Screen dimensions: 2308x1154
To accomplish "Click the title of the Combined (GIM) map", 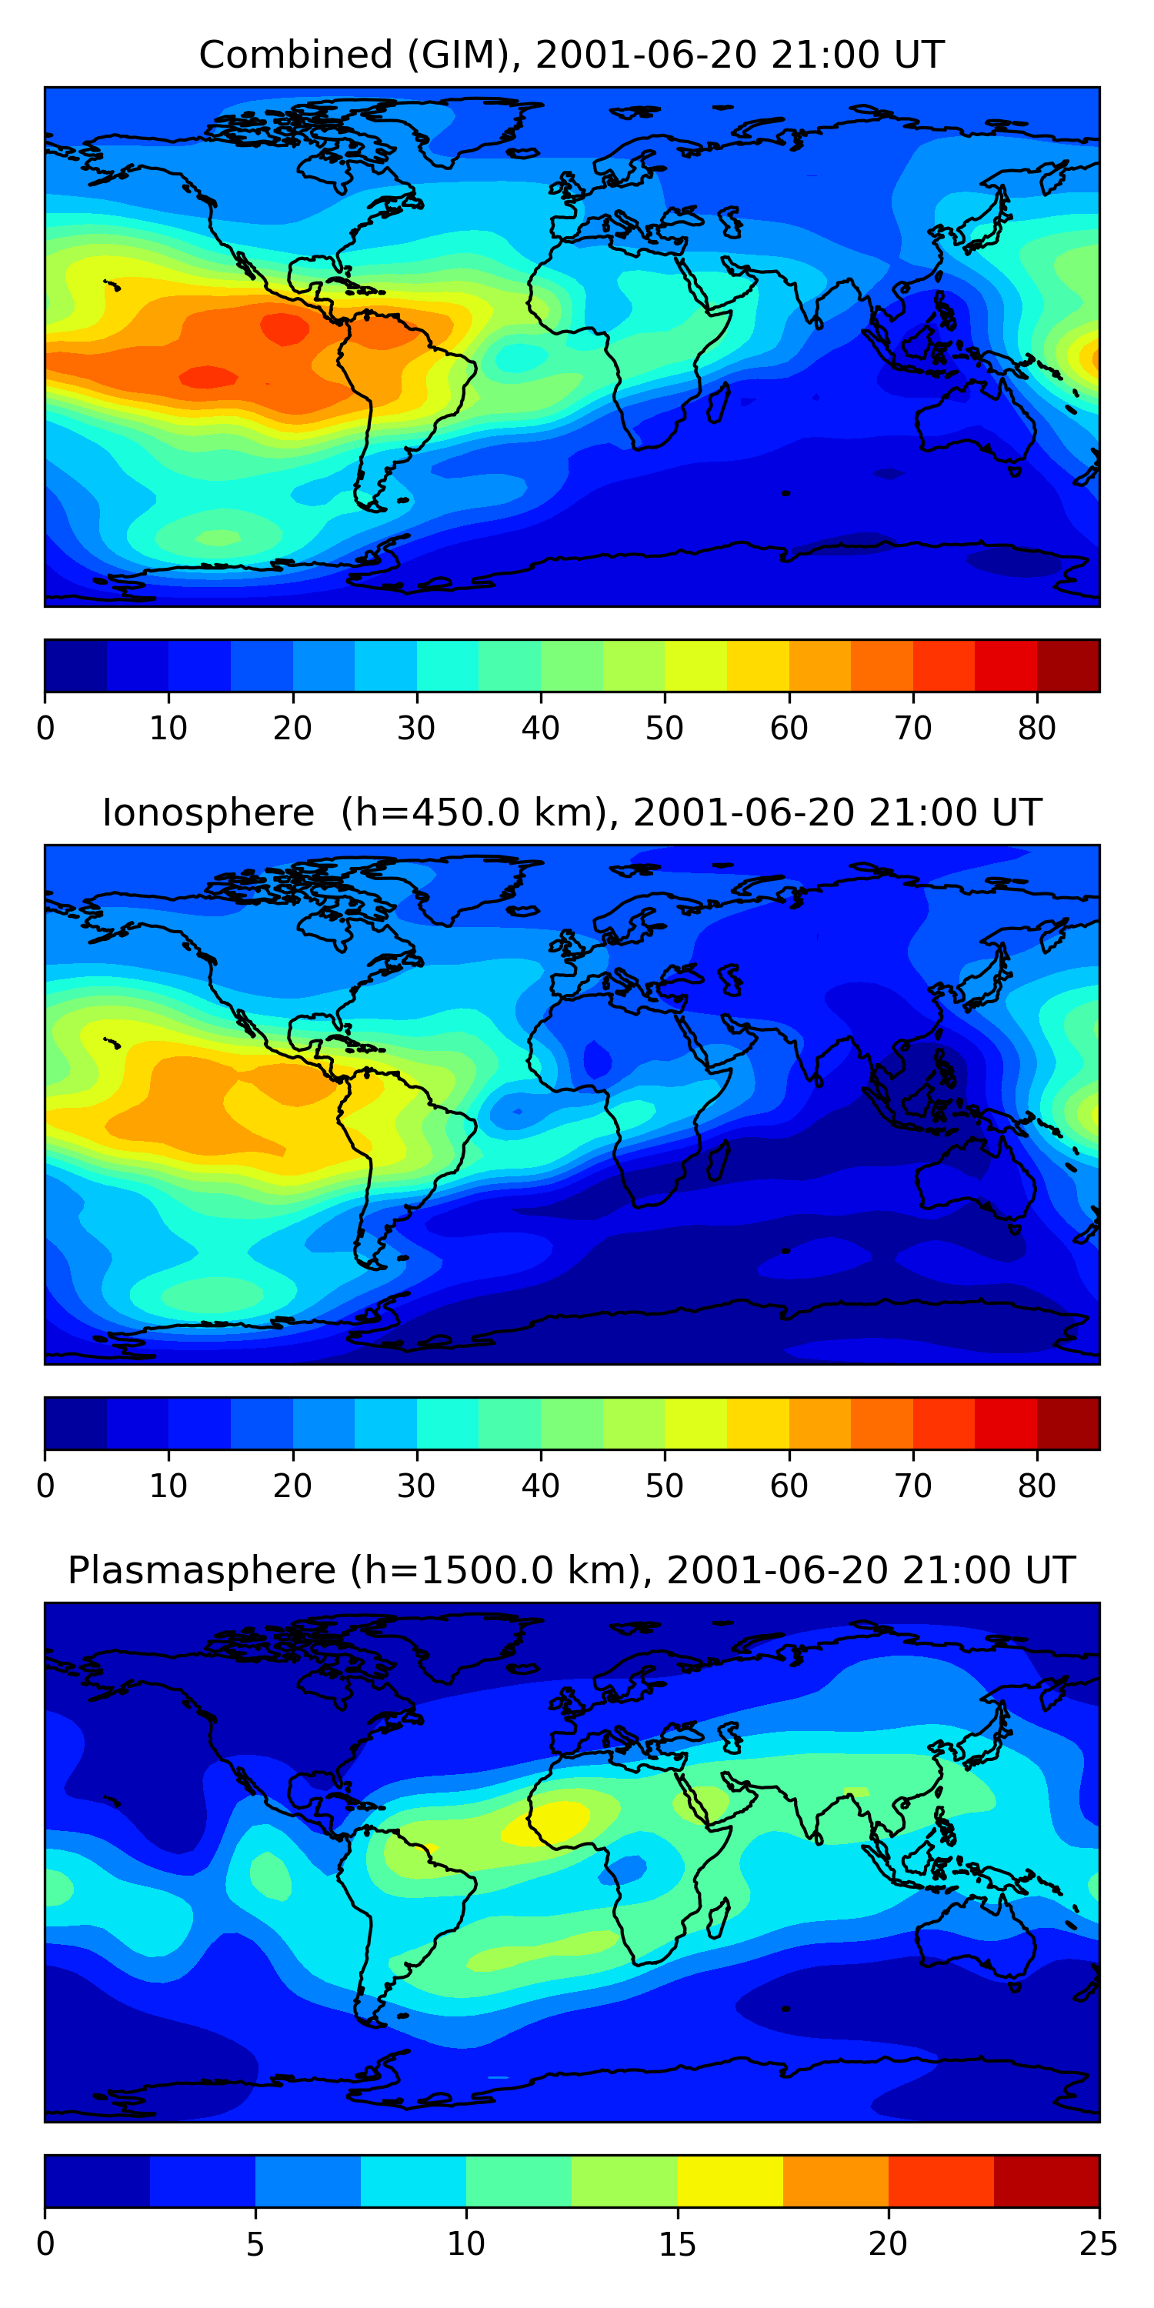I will point(571,55).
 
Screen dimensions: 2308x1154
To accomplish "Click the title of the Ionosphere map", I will point(571,812).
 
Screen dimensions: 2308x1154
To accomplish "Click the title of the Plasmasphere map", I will point(571,1571).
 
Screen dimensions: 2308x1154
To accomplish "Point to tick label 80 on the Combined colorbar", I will point(1036,729).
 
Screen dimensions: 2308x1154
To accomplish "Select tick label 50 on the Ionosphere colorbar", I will point(664,1486).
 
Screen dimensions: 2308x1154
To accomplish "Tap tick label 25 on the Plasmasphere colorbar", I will point(1098,2243).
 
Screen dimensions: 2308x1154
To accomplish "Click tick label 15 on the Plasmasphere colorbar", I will point(676,2243).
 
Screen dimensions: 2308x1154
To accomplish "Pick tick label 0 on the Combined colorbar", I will point(45,729).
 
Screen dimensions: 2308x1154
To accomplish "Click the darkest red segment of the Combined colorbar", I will point(1067,665).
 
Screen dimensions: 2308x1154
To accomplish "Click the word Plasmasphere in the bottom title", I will point(202,1571).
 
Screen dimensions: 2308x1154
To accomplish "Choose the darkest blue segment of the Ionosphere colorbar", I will point(76,1422).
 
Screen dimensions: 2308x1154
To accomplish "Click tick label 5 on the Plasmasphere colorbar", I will point(255,2243).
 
